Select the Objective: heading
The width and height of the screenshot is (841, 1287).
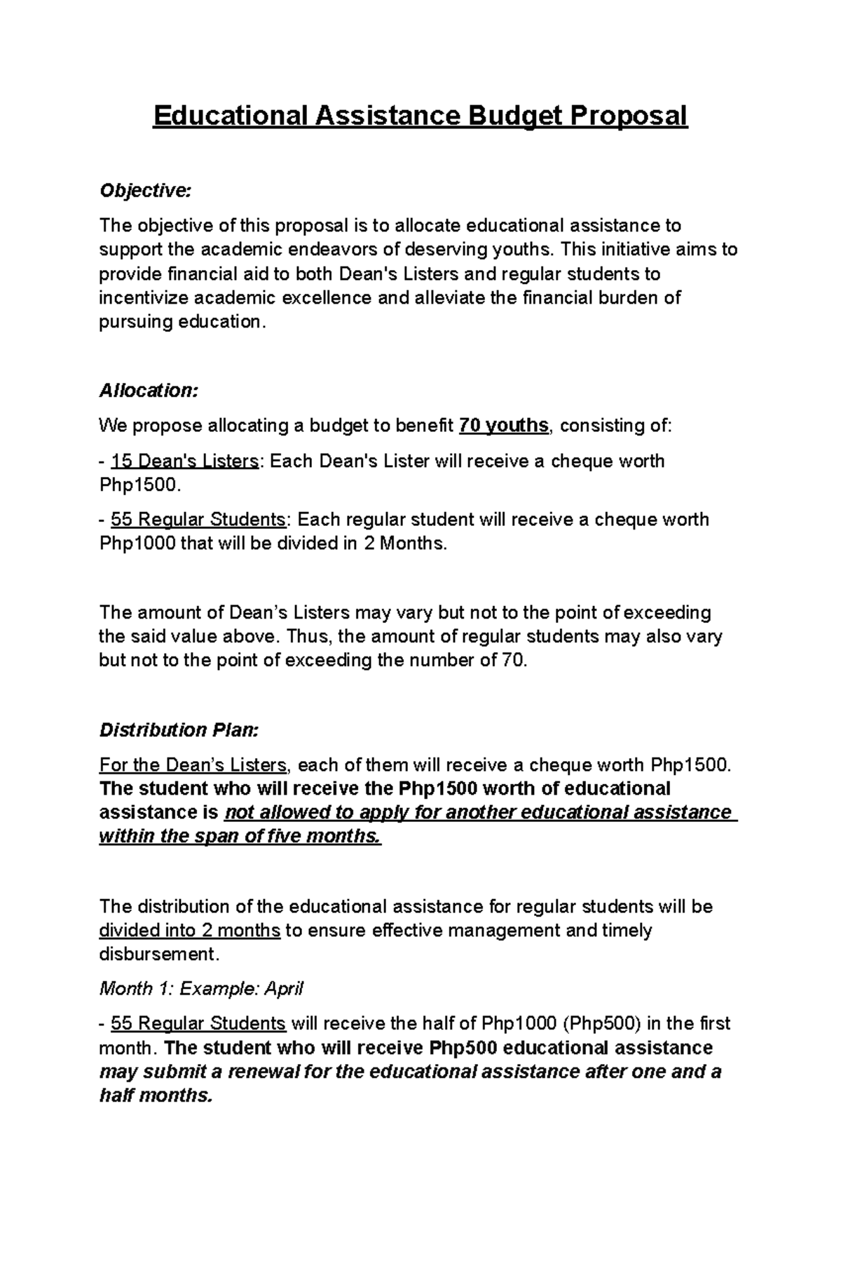point(144,191)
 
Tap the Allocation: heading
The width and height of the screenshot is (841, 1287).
point(149,391)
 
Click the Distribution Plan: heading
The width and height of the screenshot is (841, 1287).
point(179,730)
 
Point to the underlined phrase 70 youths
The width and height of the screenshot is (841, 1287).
point(503,426)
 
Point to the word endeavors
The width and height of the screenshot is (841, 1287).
point(327,250)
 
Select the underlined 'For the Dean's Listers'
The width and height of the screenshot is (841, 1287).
point(193,764)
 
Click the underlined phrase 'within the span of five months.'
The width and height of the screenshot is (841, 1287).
point(240,837)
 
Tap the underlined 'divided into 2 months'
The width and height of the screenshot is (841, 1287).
point(189,931)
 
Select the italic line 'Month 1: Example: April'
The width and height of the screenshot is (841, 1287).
point(201,989)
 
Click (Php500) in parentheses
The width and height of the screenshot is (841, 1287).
point(601,1024)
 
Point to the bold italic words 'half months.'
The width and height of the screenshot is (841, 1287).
point(155,1096)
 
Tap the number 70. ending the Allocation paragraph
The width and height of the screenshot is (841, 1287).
point(512,661)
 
